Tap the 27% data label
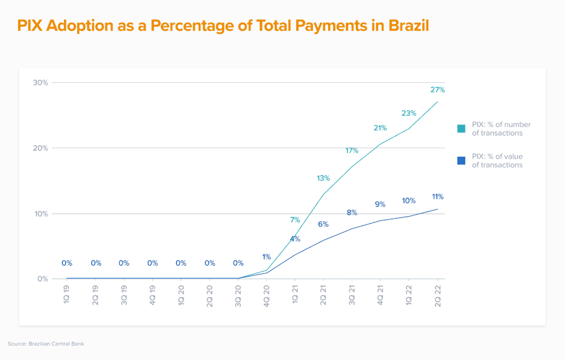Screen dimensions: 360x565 pyautogui.click(x=438, y=89)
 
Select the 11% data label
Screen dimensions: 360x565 pyautogui.click(x=438, y=197)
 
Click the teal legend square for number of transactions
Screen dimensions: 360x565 pyautogui.click(x=461, y=129)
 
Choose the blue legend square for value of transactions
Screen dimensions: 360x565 pyautogui.click(x=461, y=161)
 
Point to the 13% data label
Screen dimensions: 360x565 pyautogui.click(x=323, y=178)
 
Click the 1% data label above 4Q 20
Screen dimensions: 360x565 pyautogui.click(x=266, y=257)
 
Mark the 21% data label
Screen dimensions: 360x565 pyautogui.click(x=380, y=128)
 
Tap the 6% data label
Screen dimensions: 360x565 pyautogui.click(x=323, y=224)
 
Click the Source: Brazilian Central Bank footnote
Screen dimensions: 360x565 pyautogui.click(x=46, y=344)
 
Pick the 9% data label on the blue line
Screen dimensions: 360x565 pyautogui.click(x=380, y=204)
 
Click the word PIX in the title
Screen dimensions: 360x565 pyautogui.click(x=30, y=26)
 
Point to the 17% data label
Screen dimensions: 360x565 pyautogui.click(x=352, y=151)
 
